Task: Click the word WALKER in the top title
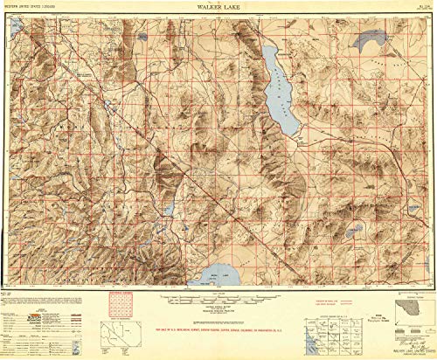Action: pyautogui.click(x=208, y=5)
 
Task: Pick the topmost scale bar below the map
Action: pyautogui.click(x=219, y=296)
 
